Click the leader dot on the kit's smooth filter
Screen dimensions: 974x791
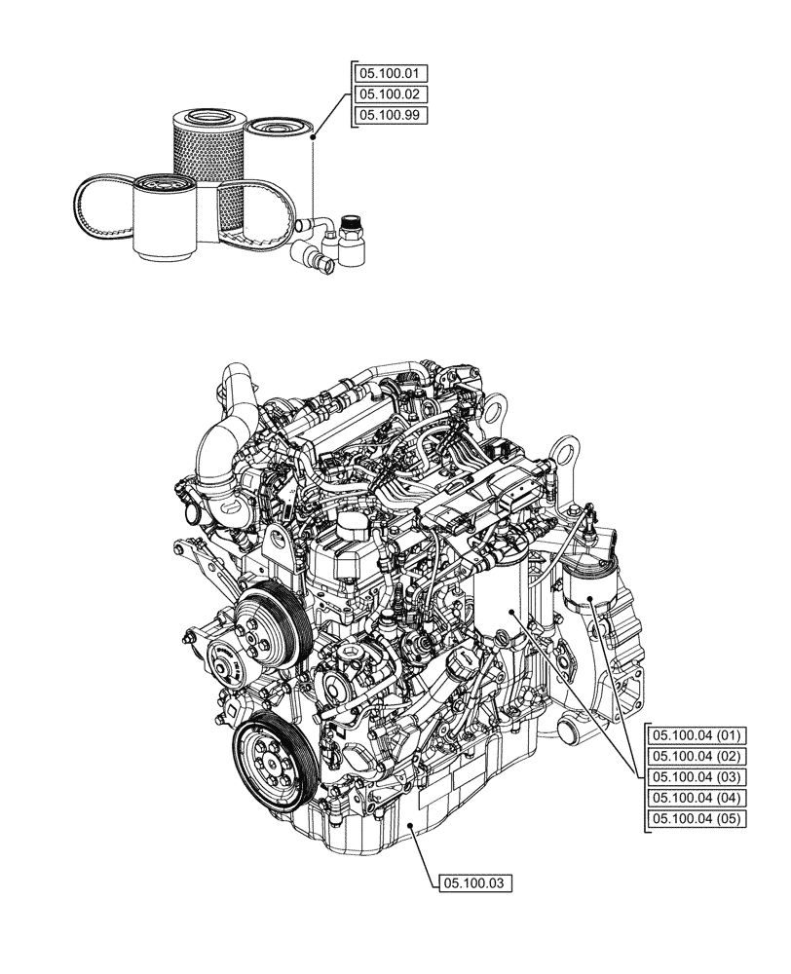point(313,138)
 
